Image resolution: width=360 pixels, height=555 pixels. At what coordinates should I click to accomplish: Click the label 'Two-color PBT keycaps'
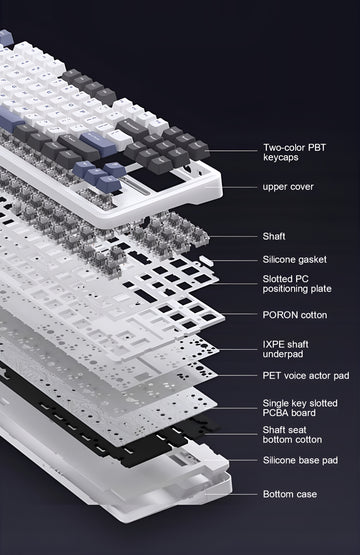(294, 152)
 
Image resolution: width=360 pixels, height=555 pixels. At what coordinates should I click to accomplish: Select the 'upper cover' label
(288, 187)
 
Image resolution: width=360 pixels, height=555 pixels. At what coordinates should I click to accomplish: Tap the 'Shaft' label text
(274, 236)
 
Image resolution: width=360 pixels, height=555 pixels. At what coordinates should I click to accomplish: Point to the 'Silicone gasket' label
(295, 259)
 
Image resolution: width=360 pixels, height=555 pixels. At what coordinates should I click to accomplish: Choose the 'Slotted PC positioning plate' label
(297, 284)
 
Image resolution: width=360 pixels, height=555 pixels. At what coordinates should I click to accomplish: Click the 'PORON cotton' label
(295, 315)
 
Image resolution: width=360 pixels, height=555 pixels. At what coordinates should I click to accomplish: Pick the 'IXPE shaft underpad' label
(286, 349)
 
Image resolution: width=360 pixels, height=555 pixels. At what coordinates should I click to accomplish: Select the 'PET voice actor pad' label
(306, 375)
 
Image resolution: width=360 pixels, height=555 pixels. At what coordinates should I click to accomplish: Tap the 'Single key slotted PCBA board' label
(300, 408)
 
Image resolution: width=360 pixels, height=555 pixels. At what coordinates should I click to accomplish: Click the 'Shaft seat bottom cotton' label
(292, 435)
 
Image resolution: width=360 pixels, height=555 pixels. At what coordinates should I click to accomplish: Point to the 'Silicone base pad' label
(300, 460)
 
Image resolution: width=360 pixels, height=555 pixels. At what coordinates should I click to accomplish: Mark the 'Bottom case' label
(290, 494)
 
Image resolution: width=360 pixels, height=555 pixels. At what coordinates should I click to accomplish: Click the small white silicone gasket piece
(205, 260)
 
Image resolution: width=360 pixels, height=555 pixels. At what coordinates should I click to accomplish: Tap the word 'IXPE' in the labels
(273, 344)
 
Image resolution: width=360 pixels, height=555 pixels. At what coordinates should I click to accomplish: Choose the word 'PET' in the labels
(271, 375)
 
